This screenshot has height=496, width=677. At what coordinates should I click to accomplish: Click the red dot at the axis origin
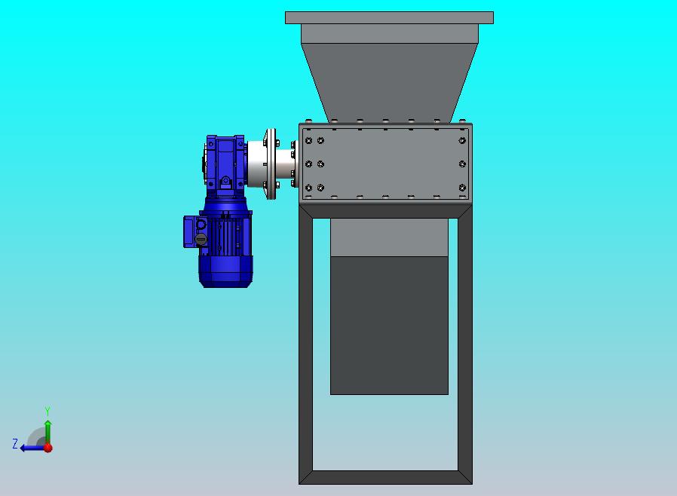pyautogui.click(x=48, y=448)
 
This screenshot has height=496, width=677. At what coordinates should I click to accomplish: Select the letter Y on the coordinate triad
pyautogui.click(x=47, y=411)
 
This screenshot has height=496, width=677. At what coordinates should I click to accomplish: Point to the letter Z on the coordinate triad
pyautogui.click(x=15, y=443)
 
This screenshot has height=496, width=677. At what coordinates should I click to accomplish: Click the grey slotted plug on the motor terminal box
pyautogui.click(x=201, y=239)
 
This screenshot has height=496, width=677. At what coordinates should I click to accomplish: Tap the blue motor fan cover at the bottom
pyautogui.click(x=225, y=271)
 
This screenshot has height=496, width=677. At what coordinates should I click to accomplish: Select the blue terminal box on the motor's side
pyautogui.click(x=191, y=232)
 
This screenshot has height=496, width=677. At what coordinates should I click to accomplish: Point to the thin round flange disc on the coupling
pyautogui.click(x=271, y=164)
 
